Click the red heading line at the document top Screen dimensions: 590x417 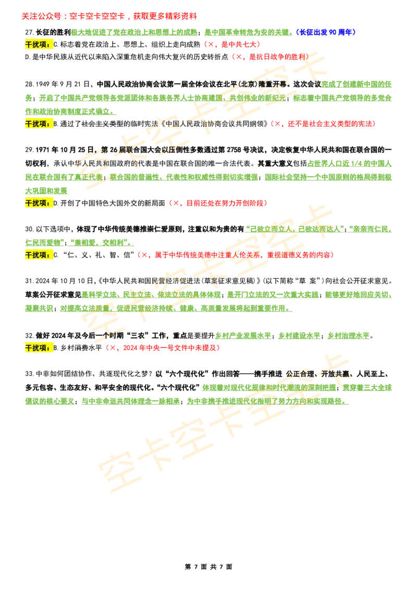click(x=109, y=16)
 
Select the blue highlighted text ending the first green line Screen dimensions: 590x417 click(x=326, y=32)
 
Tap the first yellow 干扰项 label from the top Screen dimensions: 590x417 click(x=39, y=45)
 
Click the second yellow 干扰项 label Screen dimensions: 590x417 click(x=39, y=124)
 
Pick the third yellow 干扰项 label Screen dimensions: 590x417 click(x=39, y=203)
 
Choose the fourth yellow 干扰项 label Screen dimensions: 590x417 click(x=39, y=255)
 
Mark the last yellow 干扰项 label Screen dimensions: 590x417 click(x=39, y=348)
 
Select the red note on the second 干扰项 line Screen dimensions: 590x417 click(x=323, y=124)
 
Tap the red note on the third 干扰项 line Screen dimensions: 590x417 click(x=217, y=203)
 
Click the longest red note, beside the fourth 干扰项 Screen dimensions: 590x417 click(x=235, y=255)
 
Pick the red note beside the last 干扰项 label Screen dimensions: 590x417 click(x=163, y=348)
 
